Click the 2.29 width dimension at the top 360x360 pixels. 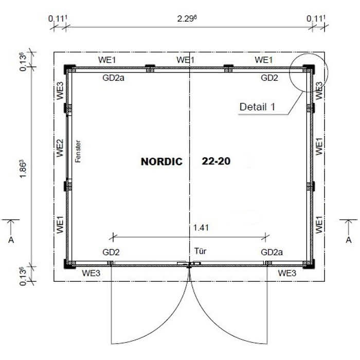coord(187,19)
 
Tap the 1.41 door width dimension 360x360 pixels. coord(201,227)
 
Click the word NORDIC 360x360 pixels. coord(161,161)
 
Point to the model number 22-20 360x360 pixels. coord(216,161)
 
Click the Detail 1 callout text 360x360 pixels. coord(257,107)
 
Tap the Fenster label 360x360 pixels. coord(78,151)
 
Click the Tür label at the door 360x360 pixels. coord(200,251)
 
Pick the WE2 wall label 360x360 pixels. coord(60,148)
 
